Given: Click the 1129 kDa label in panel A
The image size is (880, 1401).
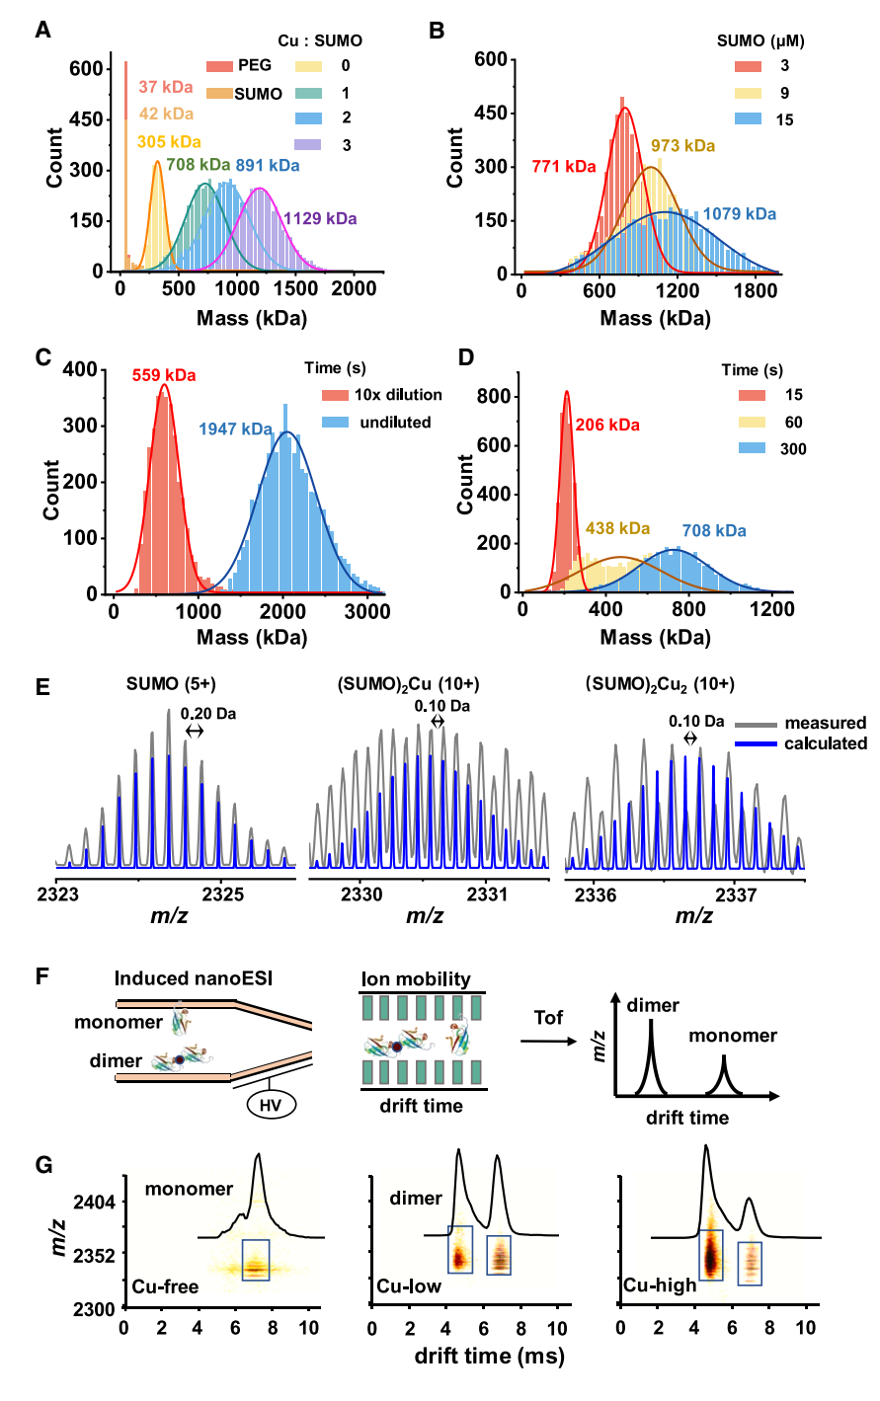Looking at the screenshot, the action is coord(320,218).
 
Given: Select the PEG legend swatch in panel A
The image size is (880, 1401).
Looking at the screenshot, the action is coord(220,66).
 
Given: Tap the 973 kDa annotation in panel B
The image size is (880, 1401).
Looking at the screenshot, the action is coord(682,146).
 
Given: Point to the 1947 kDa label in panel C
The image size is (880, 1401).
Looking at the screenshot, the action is coord(236,429).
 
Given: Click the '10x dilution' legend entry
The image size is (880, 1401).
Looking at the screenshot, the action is coord(398,395).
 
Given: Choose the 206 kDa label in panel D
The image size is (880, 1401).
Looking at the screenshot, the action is coord(607,426).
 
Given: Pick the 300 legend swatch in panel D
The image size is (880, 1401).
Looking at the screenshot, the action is coord(752,448).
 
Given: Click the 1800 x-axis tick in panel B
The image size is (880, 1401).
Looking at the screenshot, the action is coord(756,291).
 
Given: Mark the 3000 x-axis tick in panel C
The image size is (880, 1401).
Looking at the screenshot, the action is coord(367,611).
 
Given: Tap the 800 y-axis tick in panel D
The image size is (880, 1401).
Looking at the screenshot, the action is coord(494,397).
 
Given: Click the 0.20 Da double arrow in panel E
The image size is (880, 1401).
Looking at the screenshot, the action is coord(195,731).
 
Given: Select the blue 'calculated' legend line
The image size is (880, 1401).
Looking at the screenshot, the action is coord(756,743).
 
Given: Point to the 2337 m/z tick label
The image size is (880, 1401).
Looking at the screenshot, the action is coord(736,895).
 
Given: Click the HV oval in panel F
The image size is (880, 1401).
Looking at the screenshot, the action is coord(271,1105).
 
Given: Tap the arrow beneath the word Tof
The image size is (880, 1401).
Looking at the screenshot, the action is coord(548,1042).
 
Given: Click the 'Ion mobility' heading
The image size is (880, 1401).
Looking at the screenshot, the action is coord(416,978).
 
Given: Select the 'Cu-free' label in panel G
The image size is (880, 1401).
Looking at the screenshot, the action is coord(165,1287).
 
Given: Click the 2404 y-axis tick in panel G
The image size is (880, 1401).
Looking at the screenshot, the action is coord(95,1202).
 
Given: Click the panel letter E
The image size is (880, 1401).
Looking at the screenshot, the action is coord(42,687).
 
